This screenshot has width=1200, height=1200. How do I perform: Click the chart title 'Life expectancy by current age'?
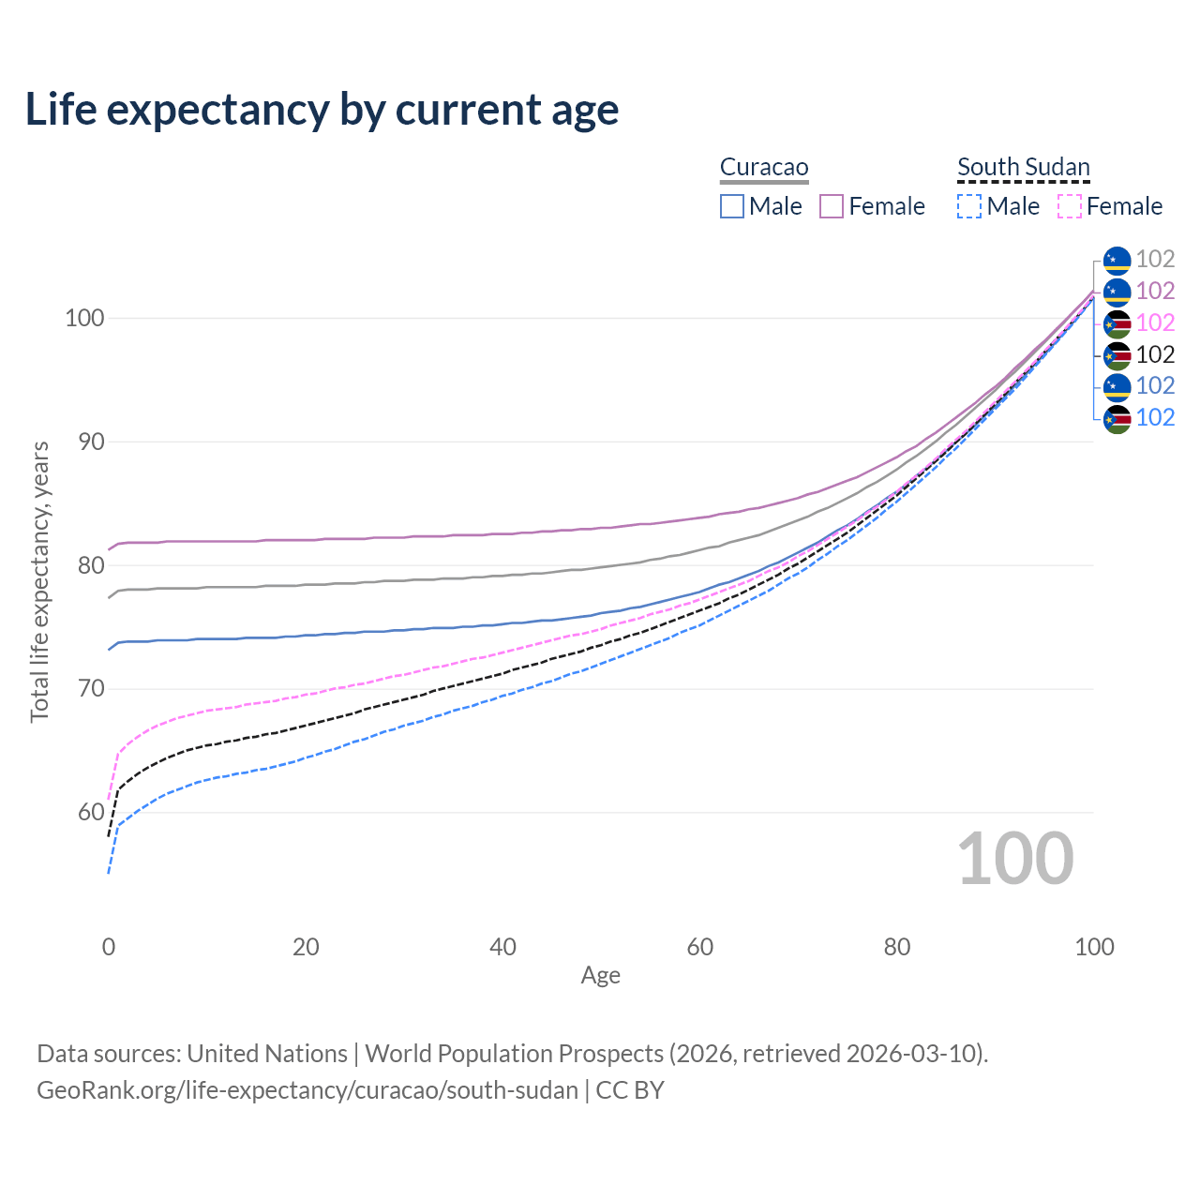tap(322, 110)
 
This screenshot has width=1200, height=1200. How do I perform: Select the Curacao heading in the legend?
tap(764, 167)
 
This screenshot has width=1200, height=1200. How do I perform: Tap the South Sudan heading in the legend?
tap(1024, 167)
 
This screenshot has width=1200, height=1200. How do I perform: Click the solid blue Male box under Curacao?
tap(732, 206)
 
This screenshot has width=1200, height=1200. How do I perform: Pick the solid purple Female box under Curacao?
tap(832, 206)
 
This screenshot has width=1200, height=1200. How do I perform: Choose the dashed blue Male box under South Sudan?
tap(969, 206)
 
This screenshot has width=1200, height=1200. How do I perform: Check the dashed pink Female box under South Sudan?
tap(1070, 206)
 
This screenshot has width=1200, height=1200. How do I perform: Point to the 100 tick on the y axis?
tap(83, 318)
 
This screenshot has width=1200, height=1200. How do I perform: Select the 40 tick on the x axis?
tap(503, 947)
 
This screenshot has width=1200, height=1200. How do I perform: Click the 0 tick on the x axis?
tap(109, 947)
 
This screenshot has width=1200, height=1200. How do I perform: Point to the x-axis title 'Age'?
tap(601, 976)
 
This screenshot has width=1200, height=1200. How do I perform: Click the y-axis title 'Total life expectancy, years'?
tap(39, 582)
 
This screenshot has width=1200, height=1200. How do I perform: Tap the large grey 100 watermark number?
tap(1015, 859)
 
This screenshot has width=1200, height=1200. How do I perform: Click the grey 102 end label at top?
tap(1155, 260)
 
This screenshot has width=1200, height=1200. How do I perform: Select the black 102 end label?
tap(1155, 354)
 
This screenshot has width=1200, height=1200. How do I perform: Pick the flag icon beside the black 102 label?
tap(1117, 355)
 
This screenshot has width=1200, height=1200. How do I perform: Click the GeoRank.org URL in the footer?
tap(307, 1090)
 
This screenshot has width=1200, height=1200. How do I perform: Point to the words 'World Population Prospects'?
tap(514, 1054)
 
